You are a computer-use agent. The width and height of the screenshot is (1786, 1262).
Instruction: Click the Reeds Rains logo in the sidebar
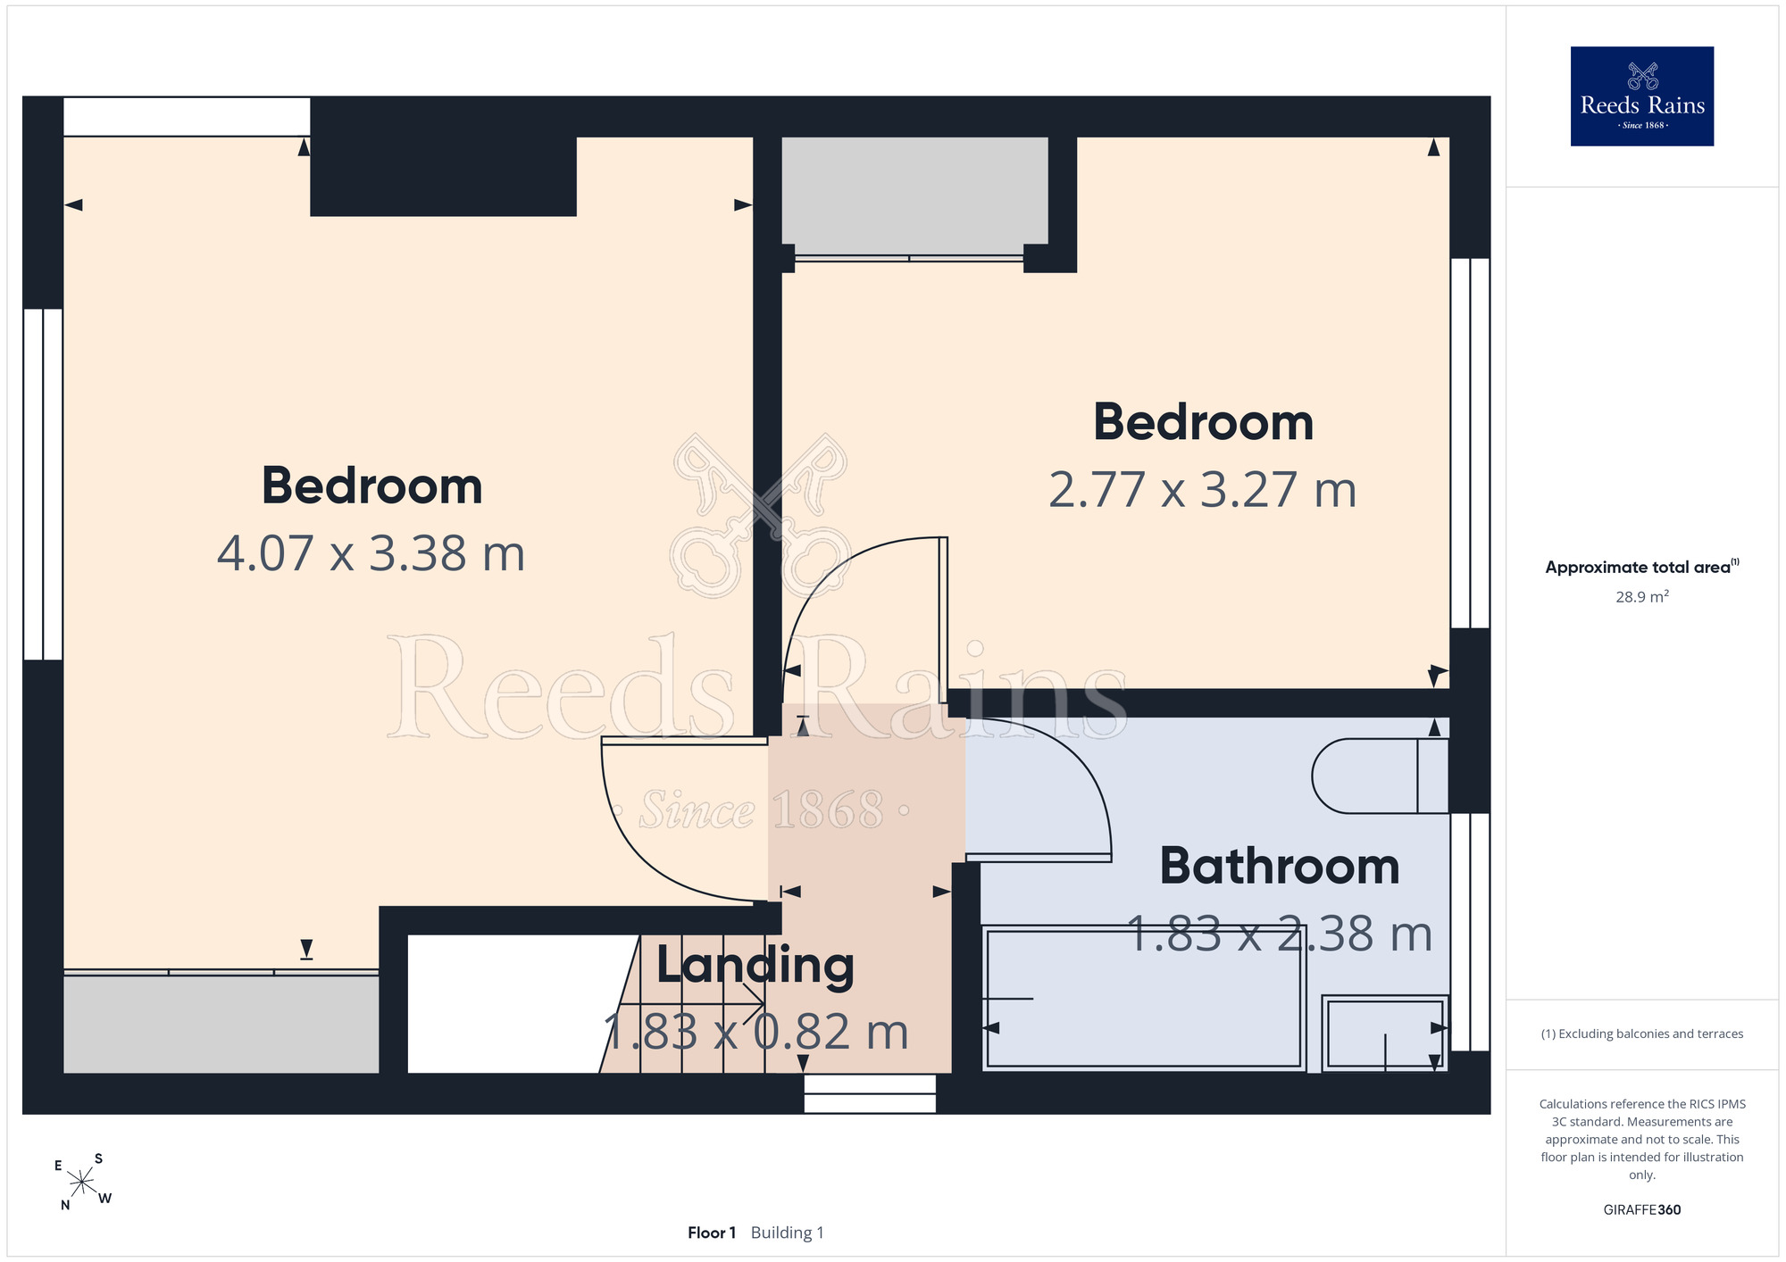point(1641,96)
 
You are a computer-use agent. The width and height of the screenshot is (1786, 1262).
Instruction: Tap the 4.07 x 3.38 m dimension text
point(371,553)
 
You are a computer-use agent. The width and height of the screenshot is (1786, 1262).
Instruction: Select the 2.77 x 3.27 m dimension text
point(1202,490)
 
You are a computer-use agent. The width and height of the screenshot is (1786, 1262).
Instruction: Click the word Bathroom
point(1279,867)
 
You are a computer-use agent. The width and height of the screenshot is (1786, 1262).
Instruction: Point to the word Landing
point(755,967)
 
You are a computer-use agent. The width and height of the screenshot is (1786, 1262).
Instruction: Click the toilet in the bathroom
point(1380,776)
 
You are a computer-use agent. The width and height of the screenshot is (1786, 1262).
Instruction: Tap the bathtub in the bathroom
point(1144,999)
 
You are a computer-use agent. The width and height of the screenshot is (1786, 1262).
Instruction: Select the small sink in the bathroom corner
point(1385,1034)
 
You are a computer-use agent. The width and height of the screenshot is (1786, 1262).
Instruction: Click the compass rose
point(82,1183)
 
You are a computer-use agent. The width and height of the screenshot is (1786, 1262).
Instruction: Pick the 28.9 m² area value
point(1641,596)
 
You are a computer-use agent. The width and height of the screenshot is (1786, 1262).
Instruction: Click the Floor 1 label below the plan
point(712,1233)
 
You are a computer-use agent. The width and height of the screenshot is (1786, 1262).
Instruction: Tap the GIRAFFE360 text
point(1641,1210)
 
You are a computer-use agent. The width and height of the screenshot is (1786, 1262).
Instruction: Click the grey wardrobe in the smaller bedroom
point(914,195)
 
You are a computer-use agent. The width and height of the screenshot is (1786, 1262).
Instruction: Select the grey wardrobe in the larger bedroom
point(221,1024)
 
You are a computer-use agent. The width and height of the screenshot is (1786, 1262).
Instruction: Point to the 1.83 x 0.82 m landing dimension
point(755,1033)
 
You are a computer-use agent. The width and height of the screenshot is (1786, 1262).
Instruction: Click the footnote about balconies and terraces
point(1641,1034)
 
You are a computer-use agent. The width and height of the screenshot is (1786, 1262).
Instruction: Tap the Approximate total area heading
point(1641,567)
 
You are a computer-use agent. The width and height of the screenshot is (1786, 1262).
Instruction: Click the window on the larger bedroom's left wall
point(43,485)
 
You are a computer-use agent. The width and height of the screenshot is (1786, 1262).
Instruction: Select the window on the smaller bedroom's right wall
point(1470,444)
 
